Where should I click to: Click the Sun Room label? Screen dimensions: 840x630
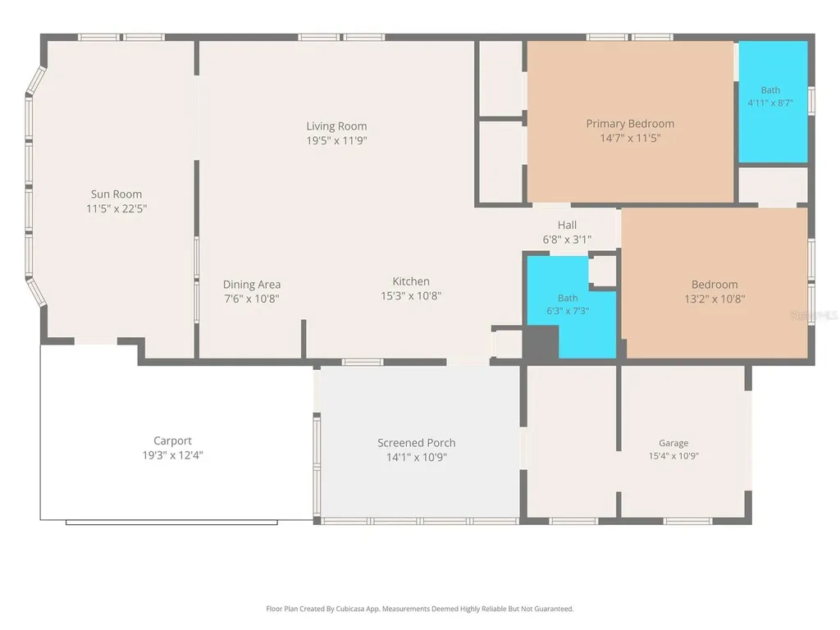[x=116, y=194]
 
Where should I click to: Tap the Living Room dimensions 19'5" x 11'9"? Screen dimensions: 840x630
[x=336, y=140]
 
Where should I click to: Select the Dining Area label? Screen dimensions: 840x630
[x=252, y=285]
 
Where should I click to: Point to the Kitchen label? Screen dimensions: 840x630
[x=411, y=281]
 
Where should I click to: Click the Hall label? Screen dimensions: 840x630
[x=567, y=225]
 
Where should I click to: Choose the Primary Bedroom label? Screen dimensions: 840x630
[x=630, y=124]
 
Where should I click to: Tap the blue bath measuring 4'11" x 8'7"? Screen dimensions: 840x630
[x=773, y=102]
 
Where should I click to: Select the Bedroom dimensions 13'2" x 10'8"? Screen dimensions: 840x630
[x=714, y=299]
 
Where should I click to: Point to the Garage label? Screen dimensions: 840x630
[x=673, y=443]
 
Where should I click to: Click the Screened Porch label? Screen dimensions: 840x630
[x=416, y=443]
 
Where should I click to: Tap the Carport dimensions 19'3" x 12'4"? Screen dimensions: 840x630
[x=172, y=455]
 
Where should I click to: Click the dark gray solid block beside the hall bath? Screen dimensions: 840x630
[x=541, y=342]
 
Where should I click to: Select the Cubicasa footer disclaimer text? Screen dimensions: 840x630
[x=420, y=609]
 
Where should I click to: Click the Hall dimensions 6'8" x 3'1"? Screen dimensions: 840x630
[x=567, y=240]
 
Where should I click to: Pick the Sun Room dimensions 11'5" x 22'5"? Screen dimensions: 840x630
[x=116, y=208]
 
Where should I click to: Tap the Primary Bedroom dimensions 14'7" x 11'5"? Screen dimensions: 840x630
[x=630, y=138]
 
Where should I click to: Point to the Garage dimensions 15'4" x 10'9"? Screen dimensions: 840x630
[x=673, y=456]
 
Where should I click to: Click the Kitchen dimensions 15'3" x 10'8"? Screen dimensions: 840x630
[x=411, y=295]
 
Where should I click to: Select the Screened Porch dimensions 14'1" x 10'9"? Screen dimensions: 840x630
[x=416, y=458]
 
